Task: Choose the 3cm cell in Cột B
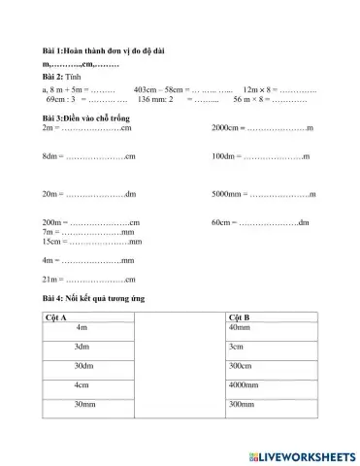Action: point(236,347)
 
